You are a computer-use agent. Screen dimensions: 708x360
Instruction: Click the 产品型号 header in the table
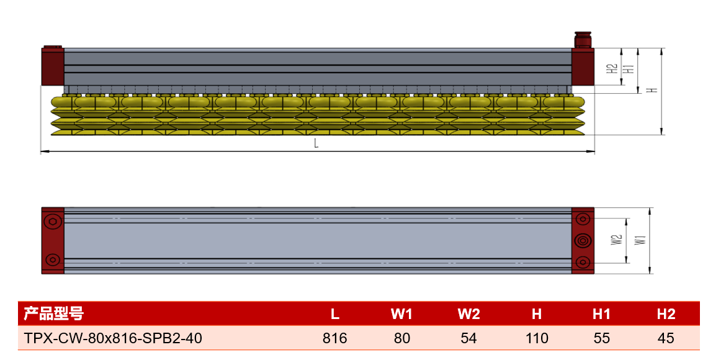53,313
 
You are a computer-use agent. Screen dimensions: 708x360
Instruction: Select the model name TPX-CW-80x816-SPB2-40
113,338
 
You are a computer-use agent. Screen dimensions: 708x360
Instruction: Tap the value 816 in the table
334,338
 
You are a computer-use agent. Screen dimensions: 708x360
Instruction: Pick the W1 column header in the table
401,314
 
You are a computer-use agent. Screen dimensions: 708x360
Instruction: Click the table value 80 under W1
401,338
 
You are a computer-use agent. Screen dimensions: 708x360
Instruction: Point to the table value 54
468,338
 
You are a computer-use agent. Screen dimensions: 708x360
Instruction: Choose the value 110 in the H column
537,338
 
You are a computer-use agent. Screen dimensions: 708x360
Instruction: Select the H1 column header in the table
601,314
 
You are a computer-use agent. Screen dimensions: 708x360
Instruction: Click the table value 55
601,338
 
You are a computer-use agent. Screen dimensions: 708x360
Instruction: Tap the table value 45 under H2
666,338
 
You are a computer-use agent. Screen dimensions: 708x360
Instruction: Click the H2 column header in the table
666,314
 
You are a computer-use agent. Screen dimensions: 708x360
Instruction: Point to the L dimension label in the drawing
316,143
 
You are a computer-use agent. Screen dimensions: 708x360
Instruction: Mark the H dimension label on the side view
652,90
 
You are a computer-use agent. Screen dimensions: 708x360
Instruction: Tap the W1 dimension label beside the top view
640,240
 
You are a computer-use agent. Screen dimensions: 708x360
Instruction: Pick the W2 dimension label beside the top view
616,240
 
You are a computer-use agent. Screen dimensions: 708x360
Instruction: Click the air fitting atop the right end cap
583,39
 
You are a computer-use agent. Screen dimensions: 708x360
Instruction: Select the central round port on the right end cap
583,240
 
